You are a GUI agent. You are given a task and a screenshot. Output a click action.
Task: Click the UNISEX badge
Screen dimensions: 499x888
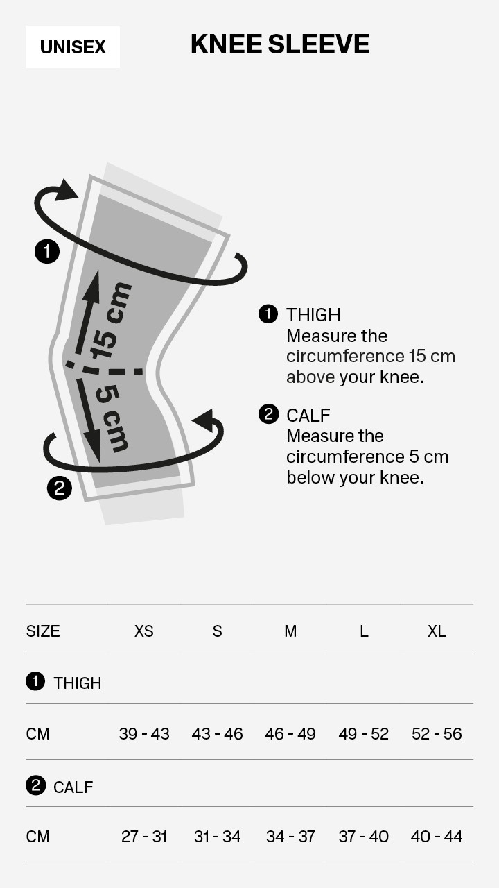(x=73, y=46)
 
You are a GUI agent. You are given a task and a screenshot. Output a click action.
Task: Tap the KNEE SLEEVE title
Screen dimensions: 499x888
(x=280, y=44)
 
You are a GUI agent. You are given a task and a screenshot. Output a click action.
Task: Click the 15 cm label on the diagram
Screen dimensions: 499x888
(x=110, y=321)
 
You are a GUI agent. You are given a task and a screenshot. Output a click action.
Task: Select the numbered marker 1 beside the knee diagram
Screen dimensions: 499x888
(x=47, y=251)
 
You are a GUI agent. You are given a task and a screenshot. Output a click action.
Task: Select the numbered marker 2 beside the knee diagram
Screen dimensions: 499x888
(x=60, y=488)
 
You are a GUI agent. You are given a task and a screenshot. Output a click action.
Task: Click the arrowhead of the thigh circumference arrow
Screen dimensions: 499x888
(x=65, y=190)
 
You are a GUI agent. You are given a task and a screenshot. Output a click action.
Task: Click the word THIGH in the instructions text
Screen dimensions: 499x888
(x=313, y=315)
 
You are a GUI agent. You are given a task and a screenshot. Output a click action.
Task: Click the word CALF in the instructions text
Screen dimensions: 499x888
(x=308, y=416)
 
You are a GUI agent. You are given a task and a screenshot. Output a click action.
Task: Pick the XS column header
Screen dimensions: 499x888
(x=143, y=631)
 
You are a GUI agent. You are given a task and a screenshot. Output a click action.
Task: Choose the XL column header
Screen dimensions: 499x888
(x=437, y=631)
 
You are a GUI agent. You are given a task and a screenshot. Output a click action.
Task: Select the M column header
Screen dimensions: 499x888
(x=290, y=631)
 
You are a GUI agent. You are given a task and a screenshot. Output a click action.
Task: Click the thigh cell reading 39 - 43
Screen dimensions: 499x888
(x=144, y=734)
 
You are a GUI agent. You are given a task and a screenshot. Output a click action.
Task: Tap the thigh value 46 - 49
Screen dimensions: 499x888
(x=290, y=734)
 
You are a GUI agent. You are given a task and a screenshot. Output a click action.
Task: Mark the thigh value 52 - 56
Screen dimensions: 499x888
(x=437, y=734)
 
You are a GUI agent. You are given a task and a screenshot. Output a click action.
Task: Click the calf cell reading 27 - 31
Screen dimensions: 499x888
(x=144, y=837)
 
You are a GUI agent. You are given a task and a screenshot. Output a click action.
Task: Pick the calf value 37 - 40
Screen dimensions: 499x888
(x=364, y=837)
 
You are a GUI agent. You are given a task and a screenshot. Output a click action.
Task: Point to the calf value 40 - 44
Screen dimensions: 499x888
(x=437, y=837)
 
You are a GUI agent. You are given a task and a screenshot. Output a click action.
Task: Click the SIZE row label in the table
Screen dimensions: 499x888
(x=43, y=631)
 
